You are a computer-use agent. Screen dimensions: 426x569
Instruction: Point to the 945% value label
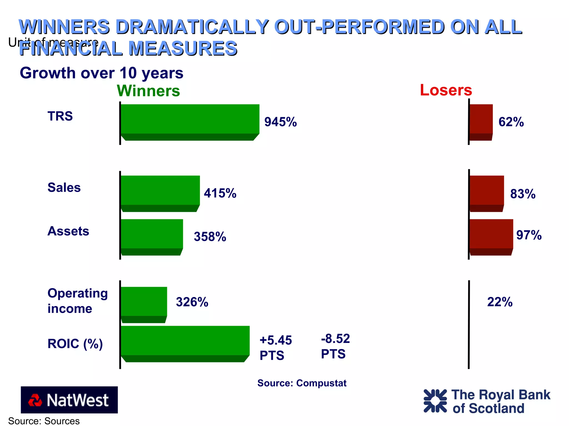[x=280, y=122]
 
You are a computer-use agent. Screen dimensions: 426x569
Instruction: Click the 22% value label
[x=500, y=302]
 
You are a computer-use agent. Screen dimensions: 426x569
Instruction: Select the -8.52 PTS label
[x=335, y=346]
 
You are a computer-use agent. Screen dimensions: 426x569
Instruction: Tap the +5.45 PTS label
[x=275, y=347]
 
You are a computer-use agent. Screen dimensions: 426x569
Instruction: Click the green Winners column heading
[x=148, y=91]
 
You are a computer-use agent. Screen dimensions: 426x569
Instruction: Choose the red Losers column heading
[x=446, y=90]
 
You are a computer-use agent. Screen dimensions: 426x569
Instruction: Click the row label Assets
[x=68, y=231]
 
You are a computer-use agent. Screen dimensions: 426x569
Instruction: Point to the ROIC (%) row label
[x=75, y=344]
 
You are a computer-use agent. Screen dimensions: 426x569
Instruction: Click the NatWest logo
[x=69, y=400]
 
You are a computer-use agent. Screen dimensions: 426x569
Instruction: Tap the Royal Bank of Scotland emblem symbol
[x=435, y=401]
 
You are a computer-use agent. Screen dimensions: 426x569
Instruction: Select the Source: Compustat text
[x=302, y=383]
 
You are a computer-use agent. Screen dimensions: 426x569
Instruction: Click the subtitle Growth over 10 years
[x=101, y=73]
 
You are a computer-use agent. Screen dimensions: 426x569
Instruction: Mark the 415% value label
[x=220, y=193]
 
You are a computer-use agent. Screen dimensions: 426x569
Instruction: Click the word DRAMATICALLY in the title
[x=192, y=27]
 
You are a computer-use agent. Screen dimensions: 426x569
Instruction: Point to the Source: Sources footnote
[x=44, y=421]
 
